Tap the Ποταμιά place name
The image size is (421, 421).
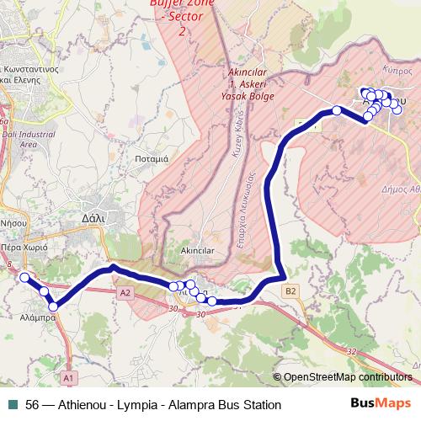pos(152,157)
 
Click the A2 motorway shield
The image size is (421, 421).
pos(126,292)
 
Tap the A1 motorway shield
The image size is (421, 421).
pos(69,376)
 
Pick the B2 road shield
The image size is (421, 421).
pos(291,291)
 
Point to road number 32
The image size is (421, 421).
pos(350,350)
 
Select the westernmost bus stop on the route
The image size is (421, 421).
pos(24,277)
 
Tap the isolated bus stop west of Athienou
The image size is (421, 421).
pos(336,110)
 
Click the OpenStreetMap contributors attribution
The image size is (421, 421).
pos(347,377)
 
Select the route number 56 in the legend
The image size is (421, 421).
pos(33,405)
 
